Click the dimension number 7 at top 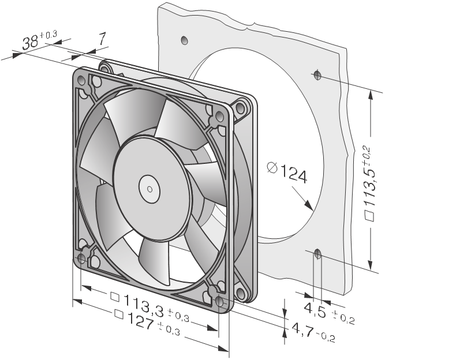(x=102, y=39)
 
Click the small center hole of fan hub (x=149, y=187)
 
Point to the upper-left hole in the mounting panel (x=184, y=40)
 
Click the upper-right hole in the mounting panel (x=317, y=74)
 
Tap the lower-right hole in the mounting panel (x=317, y=253)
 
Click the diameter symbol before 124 (x=272, y=168)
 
